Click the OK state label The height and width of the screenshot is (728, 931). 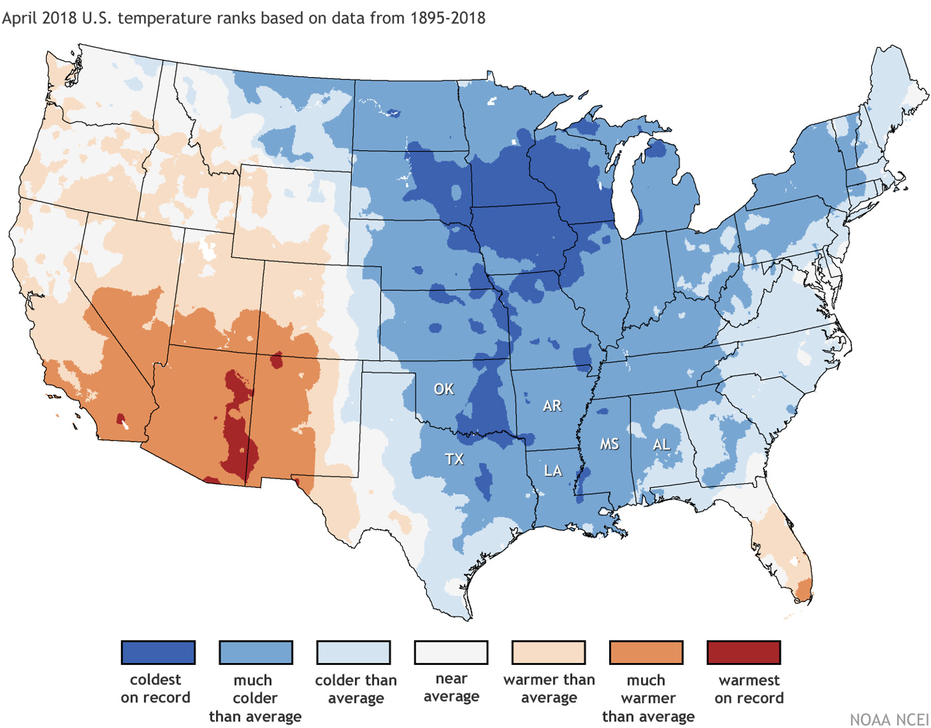[444, 389]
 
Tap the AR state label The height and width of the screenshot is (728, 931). [552, 406]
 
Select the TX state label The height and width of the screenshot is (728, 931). [454, 459]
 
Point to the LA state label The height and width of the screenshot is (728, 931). [553, 471]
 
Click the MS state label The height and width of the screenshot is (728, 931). [609, 444]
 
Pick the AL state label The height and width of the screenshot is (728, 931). [661, 444]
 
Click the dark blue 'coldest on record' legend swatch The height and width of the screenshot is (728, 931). [158, 652]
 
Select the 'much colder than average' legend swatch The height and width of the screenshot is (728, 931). [256, 652]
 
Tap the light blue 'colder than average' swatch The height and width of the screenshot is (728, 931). [354, 652]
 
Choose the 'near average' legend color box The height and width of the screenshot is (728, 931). [451, 652]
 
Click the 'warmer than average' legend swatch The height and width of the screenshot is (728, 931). [549, 652]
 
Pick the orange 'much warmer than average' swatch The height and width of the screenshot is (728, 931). [646, 652]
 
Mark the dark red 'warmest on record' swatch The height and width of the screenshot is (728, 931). [743, 652]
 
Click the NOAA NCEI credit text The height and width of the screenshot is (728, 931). [889, 720]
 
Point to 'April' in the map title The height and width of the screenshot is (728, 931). [19, 18]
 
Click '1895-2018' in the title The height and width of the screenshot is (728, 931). [448, 18]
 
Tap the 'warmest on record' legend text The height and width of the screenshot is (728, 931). [749, 689]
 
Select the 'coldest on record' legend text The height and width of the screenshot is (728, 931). [156, 688]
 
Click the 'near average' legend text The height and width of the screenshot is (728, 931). [451, 687]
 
